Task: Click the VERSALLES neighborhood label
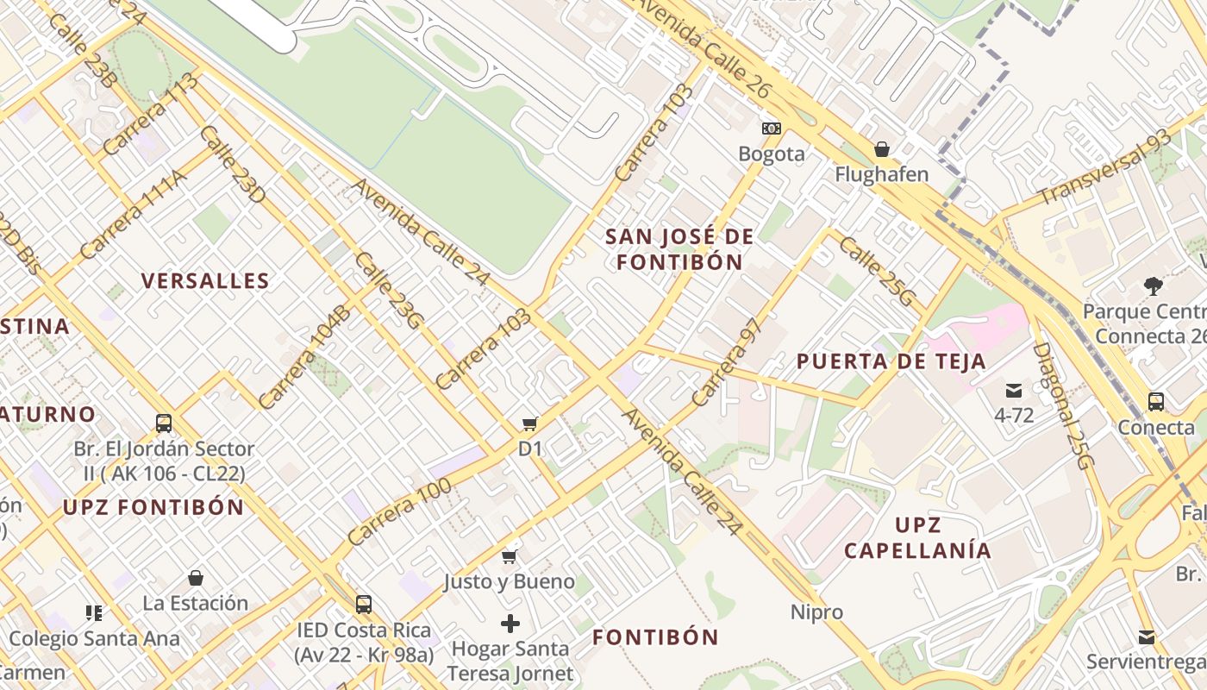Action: pyautogui.click(x=205, y=280)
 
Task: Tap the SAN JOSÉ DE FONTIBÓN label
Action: pyautogui.click(x=679, y=249)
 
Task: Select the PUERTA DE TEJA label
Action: pyautogui.click(x=891, y=361)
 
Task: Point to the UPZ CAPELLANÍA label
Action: pyautogui.click(x=917, y=537)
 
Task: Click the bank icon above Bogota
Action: pyautogui.click(x=772, y=129)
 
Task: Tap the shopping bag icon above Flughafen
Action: pyautogui.click(x=881, y=149)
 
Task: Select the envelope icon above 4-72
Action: pyautogui.click(x=1013, y=391)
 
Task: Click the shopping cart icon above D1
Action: pyautogui.click(x=529, y=423)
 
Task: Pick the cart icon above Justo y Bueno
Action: pyautogui.click(x=509, y=556)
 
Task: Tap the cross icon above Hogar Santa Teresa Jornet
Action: pyautogui.click(x=510, y=623)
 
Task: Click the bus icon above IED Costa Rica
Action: pyautogui.click(x=363, y=604)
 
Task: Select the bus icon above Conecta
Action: pyautogui.click(x=1155, y=401)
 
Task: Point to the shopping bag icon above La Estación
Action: pyautogui.click(x=196, y=578)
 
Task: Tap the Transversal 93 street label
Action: pyautogui.click(x=1105, y=167)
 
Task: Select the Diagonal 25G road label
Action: pyautogui.click(x=1062, y=405)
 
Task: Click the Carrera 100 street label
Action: pyautogui.click(x=399, y=511)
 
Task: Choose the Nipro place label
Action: pyautogui.click(x=816, y=612)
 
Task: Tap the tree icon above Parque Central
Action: pyautogui.click(x=1153, y=285)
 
